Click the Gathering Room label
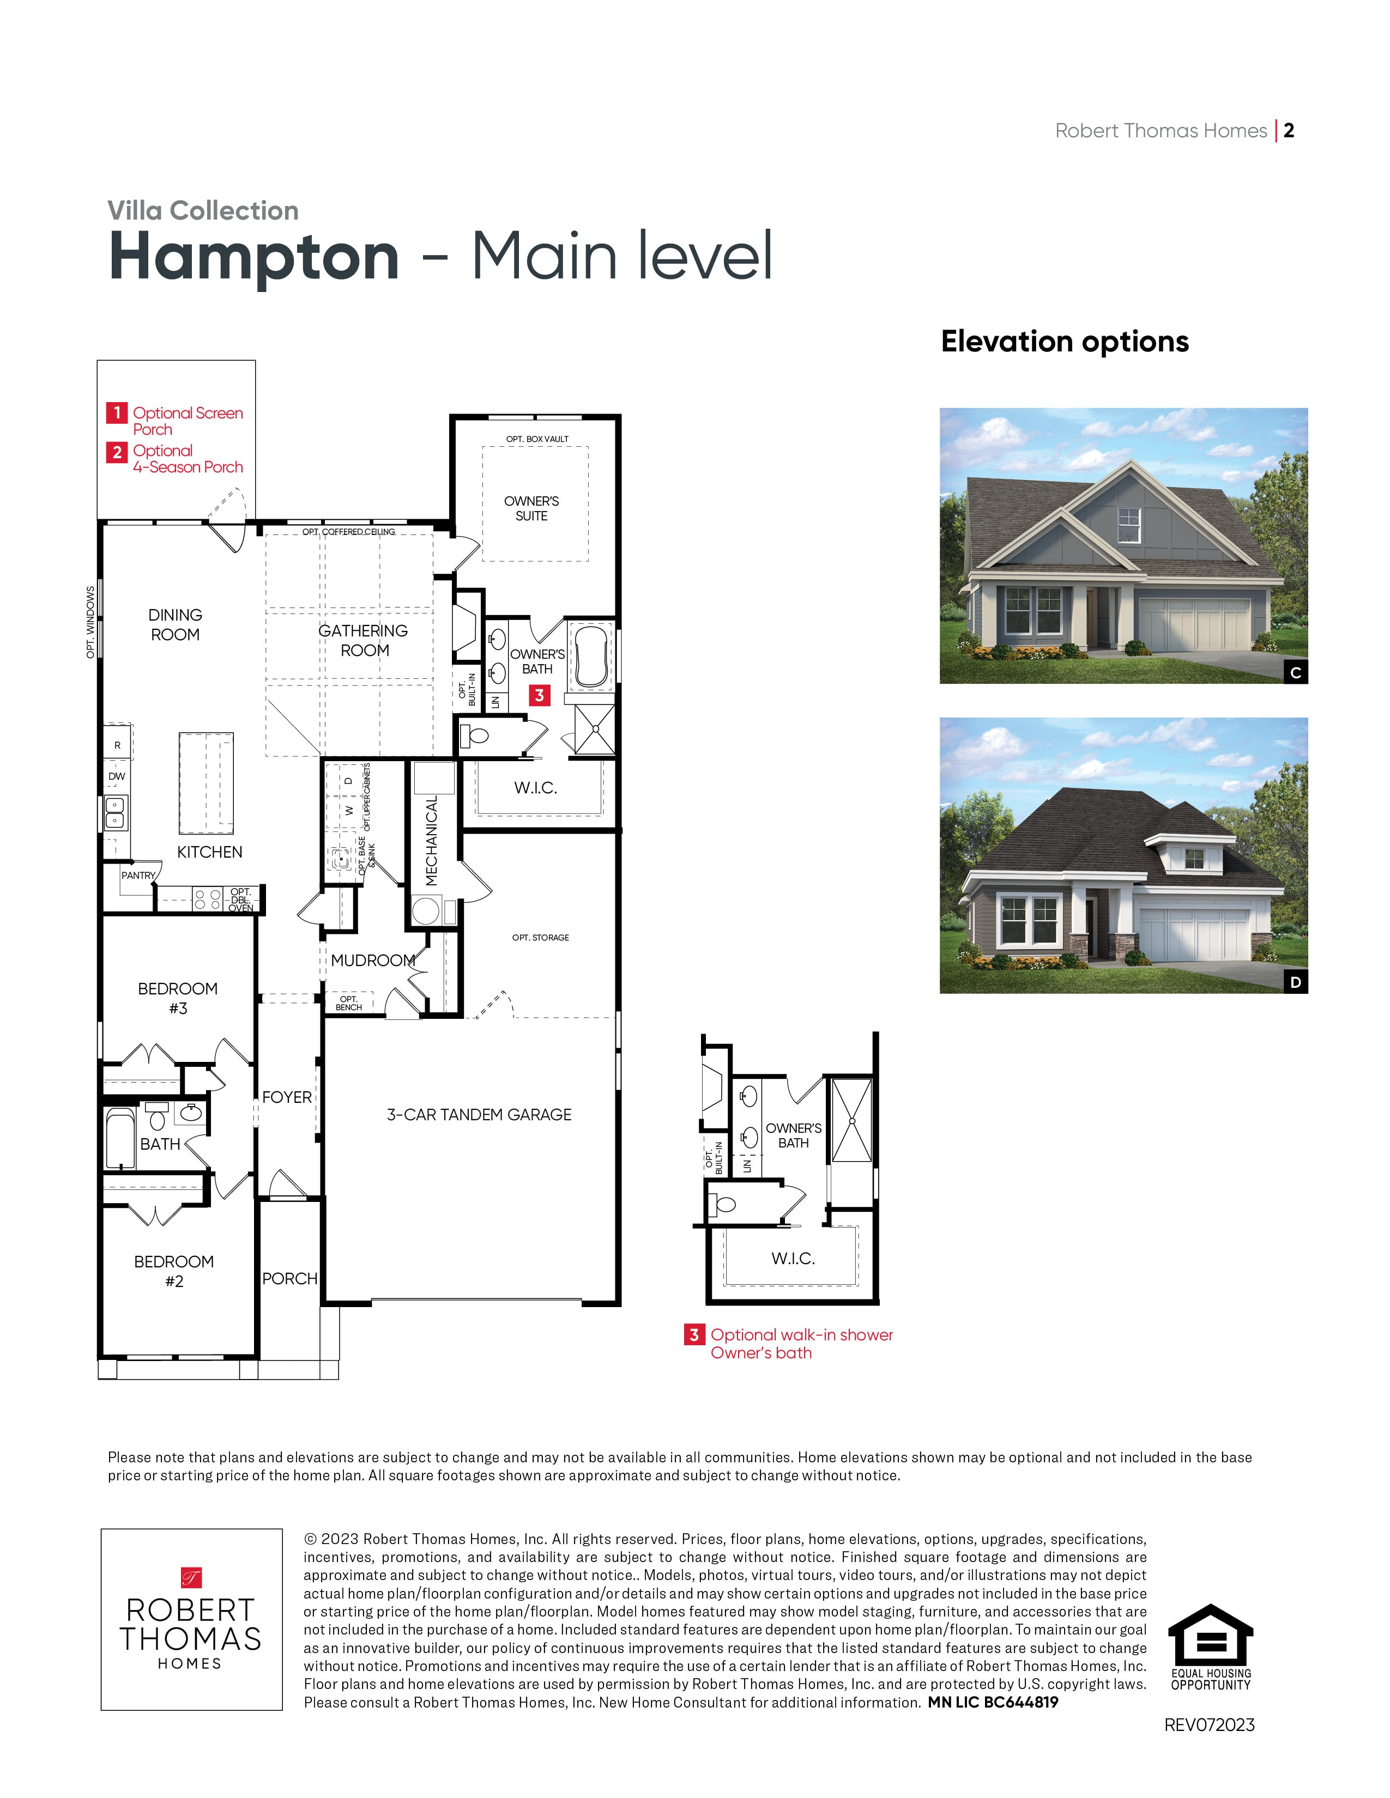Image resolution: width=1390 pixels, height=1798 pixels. (363, 641)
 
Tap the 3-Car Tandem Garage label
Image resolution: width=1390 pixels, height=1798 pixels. (479, 1115)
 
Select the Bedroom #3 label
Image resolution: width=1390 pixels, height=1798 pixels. (178, 998)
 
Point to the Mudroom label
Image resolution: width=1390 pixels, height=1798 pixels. (372, 960)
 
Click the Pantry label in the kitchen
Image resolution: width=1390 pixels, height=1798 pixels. (137, 875)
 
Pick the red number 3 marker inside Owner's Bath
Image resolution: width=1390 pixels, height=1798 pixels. (539, 696)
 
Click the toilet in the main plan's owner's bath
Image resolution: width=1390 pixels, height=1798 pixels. (475, 734)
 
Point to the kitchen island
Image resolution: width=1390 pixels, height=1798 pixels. (206, 783)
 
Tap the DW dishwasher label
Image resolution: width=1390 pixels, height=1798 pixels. (117, 776)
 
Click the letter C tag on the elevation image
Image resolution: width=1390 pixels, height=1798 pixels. (1295, 672)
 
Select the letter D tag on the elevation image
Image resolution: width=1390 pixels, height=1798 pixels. (1295, 982)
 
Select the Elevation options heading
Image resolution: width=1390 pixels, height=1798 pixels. (1064, 342)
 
